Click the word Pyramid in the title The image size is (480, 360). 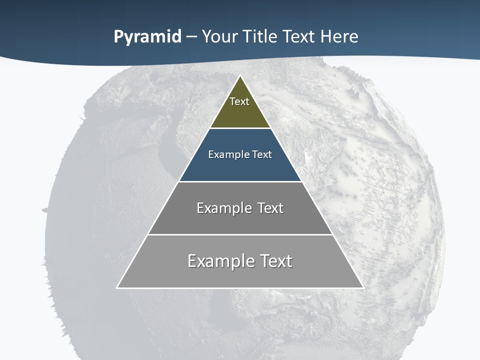[x=147, y=37]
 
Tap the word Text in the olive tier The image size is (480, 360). [x=239, y=101]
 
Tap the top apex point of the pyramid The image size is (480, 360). [x=240, y=76]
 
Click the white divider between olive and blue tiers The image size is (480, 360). [x=240, y=128]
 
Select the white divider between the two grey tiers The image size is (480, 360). [x=240, y=234]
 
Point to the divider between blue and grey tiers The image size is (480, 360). [x=240, y=181]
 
